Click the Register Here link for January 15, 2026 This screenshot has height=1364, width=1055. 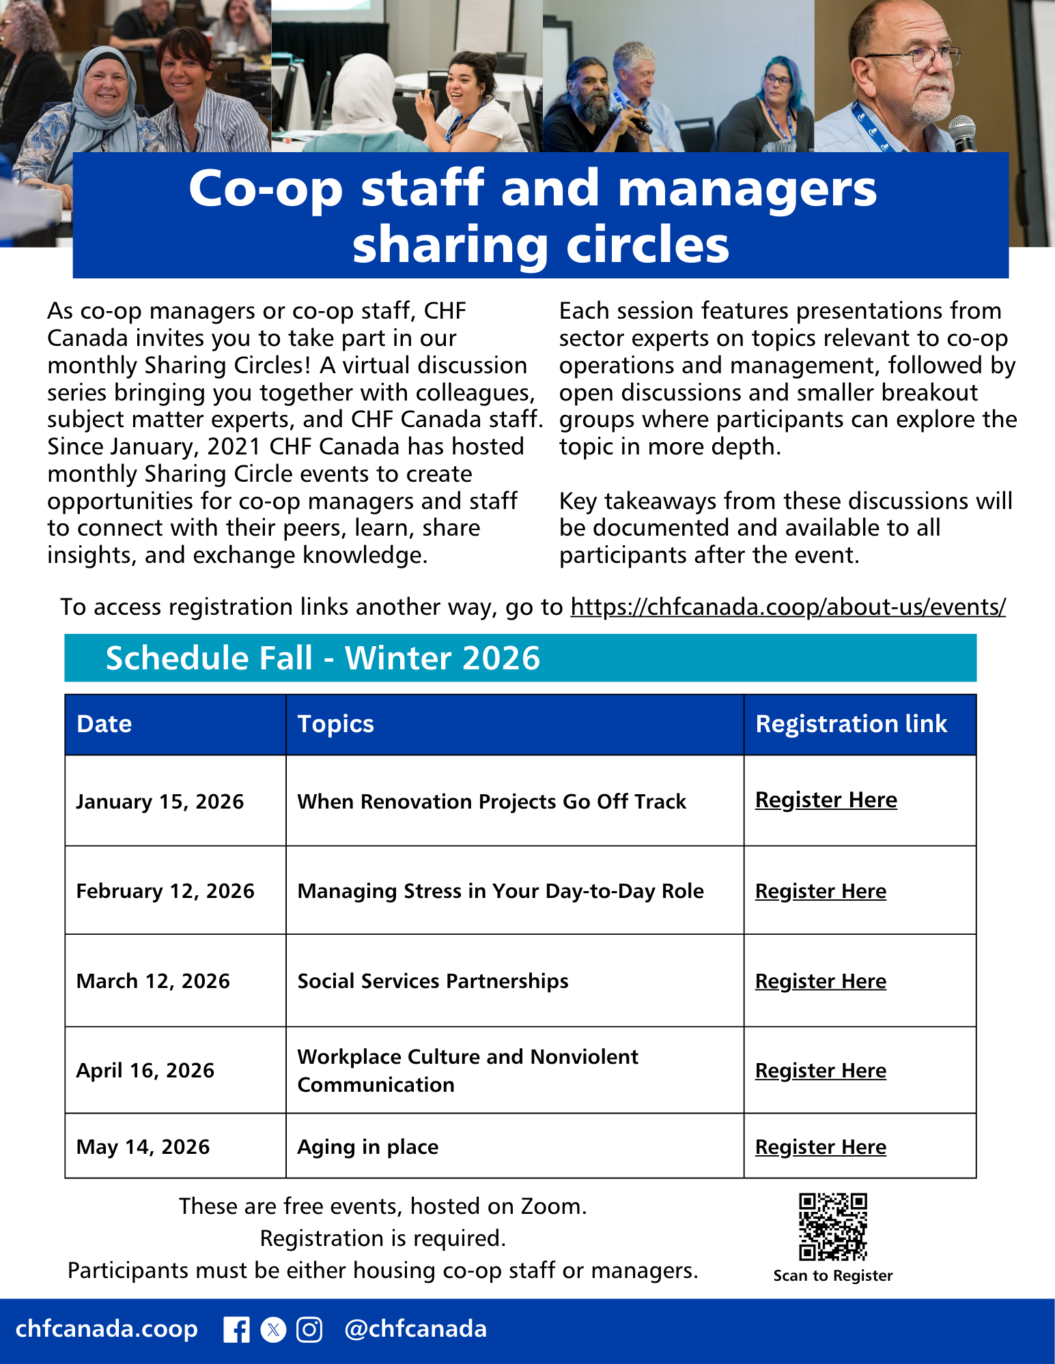tap(826, 800)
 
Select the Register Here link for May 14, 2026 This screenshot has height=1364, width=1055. tap(820, 1147)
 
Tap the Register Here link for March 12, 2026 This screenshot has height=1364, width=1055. tap(820, 981)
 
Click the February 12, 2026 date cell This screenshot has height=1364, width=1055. tap(165, 891)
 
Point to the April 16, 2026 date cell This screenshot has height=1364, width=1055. tap(145, 1071)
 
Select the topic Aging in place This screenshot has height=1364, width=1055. tap(367, 1147)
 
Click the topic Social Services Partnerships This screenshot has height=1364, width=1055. tap(433, 981)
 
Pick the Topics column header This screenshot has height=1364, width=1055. tap(335, 724)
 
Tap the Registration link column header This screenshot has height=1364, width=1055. tap(851, 724)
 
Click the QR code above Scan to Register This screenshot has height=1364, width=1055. tap(833, 1227)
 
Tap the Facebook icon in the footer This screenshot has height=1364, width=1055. tap(236, 1330)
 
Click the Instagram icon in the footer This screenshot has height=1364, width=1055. tap(309, 1330)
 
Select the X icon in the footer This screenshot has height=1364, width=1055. tap(273, 1330)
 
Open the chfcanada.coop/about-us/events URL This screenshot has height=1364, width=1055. tap(788, 607)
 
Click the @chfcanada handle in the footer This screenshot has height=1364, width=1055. tap(415, 1329)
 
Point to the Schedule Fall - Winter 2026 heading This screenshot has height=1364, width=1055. tap(322, 658)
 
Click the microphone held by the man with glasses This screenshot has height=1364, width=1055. tap(962, 132)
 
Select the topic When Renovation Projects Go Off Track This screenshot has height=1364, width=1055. tap(492, 802)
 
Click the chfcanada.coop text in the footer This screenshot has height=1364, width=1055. tap(107, 1329)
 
